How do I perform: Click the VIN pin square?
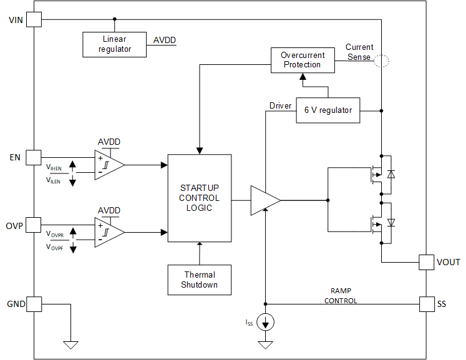coord(33,19)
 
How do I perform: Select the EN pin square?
coord(33,157)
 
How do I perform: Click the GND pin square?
coord(33,304)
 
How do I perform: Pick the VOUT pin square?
coord(426,261)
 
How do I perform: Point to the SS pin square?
coord(426,304)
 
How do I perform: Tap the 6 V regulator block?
coord(328,110)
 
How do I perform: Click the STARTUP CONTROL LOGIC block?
coord(200,198)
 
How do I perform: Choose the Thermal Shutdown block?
coord(200,280)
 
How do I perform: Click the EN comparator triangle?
coord(108,165)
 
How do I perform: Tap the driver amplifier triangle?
coord(263,200)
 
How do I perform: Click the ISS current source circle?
coord(266,322)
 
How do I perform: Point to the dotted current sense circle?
coord(381,60)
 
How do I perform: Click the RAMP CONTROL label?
coord(341,296)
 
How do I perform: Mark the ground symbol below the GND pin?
coord(71,344)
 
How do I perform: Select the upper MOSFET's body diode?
coord(391,175)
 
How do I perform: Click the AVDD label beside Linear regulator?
coord(165,41)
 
